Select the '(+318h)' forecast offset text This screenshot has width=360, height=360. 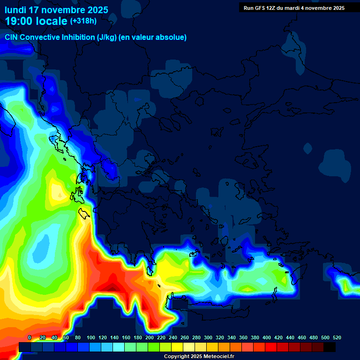coord(83,21)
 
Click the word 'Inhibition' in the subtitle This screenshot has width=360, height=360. coord(78,37)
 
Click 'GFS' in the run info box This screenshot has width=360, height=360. coord(260,8)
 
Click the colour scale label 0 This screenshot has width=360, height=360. coord(30,337)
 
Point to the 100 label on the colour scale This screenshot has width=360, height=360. coord(91,337)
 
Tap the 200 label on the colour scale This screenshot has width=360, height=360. coord(150,337)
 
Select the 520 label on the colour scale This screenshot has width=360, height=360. coord(337,337)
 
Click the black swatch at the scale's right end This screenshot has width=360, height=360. coord(330,347)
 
